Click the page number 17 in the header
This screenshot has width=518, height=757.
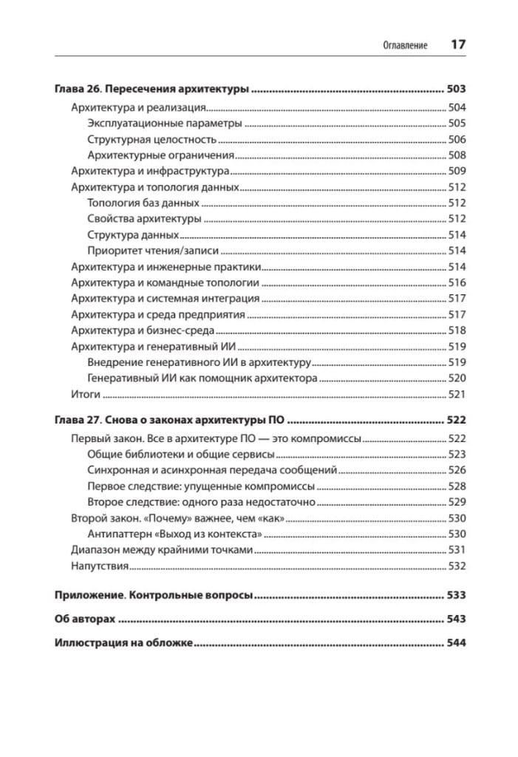click(457, 44)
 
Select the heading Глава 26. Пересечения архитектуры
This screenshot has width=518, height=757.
click(152, 89)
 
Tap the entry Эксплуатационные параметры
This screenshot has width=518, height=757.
click(164, 123)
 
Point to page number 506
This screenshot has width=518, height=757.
click(457, 139)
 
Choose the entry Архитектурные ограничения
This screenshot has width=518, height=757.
click(160, 155)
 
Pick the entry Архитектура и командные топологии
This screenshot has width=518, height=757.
click(165, 282)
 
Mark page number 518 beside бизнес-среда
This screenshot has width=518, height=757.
click(457, 330)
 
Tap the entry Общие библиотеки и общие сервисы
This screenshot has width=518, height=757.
click(181, 454)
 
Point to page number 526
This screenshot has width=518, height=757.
click(457, 470)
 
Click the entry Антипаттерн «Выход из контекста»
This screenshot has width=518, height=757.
click(175, 534)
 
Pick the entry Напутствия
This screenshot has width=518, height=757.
click(100, 566)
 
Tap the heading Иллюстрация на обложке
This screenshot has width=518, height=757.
click(123, 643)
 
